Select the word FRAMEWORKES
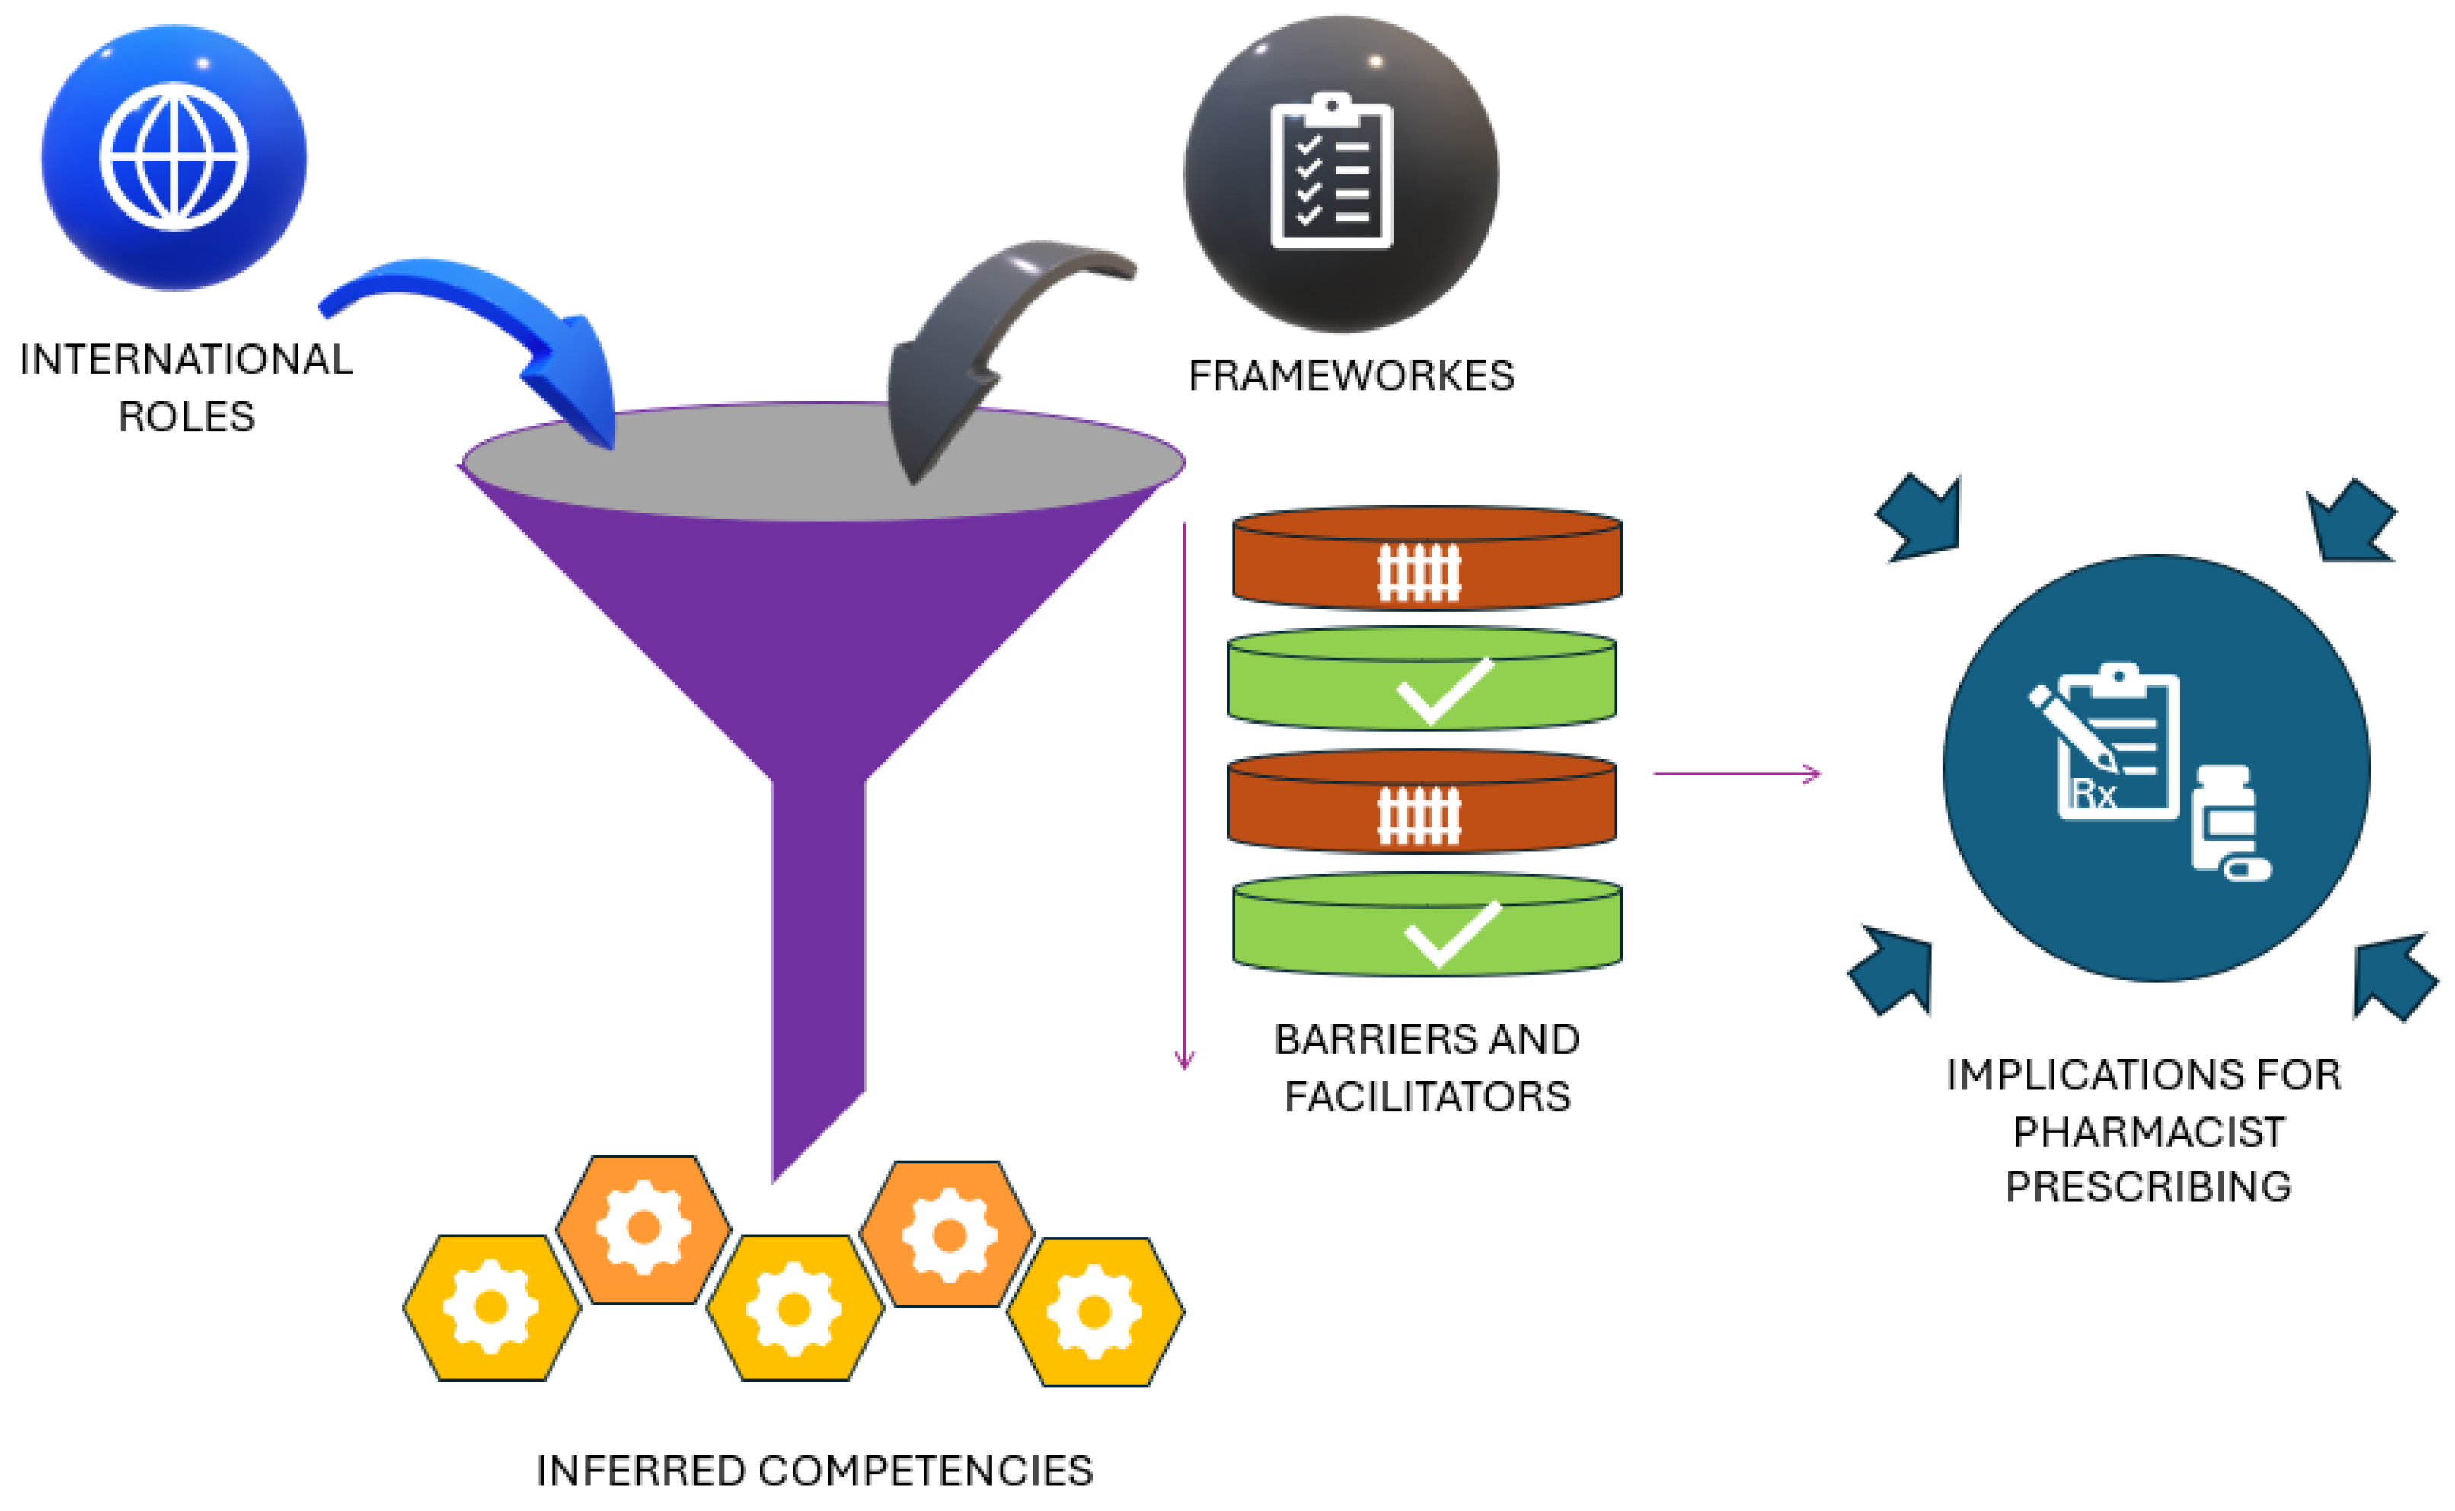pos(1351,375)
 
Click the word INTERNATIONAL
pos(186,359)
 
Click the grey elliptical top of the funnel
pos(759,462)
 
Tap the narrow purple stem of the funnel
pos(817,950)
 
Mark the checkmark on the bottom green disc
pos(1452,931)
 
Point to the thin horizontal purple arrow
pos(1737,774)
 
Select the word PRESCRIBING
pos(2148,1187)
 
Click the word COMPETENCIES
pos(925,1471)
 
